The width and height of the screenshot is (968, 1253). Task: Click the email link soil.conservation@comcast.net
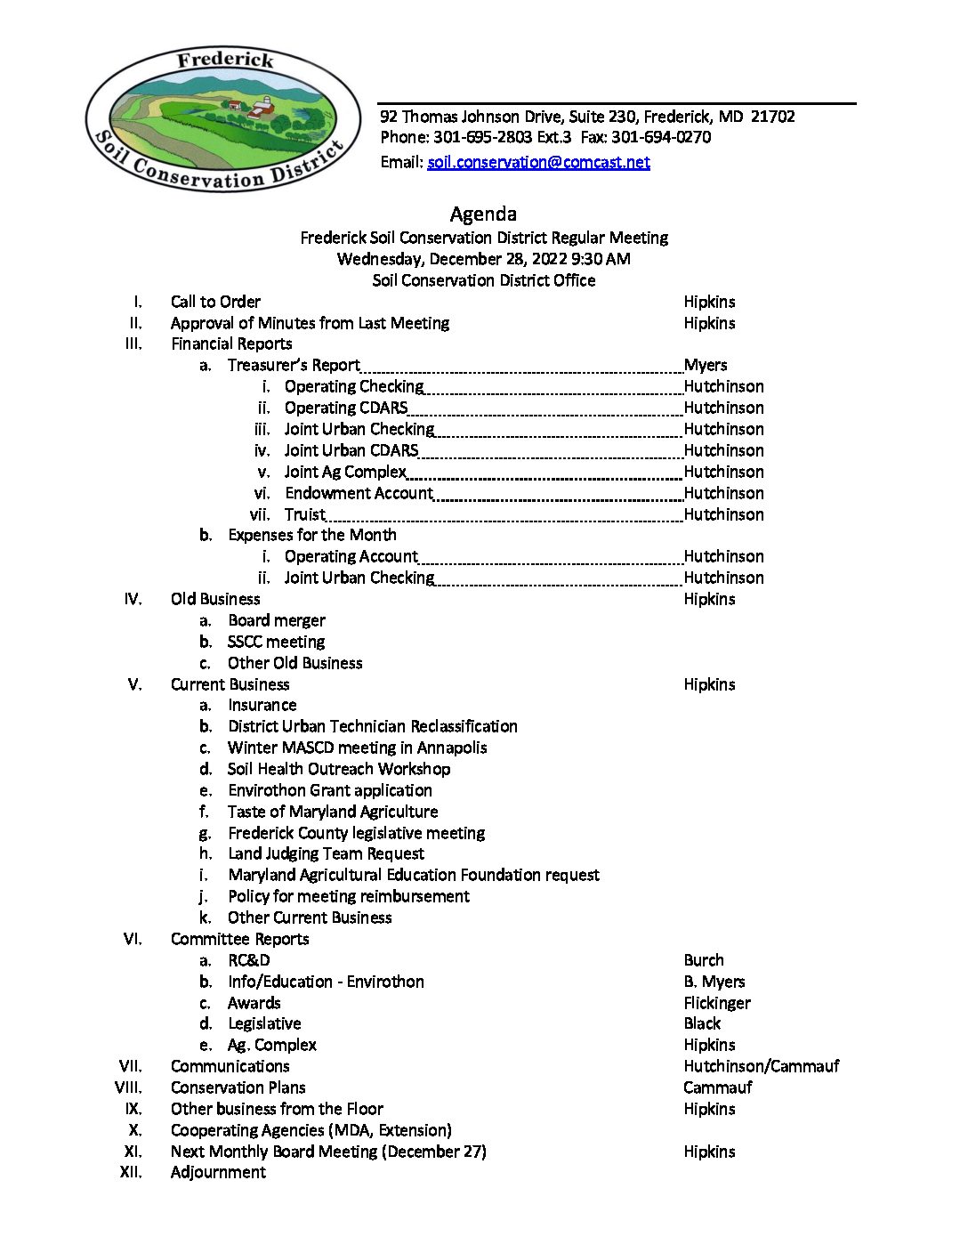tap(538, 162)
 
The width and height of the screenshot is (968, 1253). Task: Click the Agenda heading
tap(483, 214)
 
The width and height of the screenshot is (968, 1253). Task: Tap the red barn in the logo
tap(262, 109)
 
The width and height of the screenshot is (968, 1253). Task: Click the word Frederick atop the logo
tap(225, 61)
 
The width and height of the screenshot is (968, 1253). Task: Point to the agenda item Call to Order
tap(215, 302)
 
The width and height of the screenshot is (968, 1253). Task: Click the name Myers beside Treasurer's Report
tap(706, 365)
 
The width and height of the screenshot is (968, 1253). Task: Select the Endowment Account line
tap(359, 493)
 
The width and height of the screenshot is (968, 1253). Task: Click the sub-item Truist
tap(304, 514)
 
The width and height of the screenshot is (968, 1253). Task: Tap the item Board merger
tap(277, 620)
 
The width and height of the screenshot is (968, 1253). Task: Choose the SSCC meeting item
tap(276, 642)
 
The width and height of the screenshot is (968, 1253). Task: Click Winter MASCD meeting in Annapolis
tap(358, 748)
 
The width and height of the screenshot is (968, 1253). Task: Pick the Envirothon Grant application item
tap(330, 790)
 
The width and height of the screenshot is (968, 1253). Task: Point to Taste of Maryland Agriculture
tap(333, 812)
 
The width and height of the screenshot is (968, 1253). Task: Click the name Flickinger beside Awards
tap(717, 1003)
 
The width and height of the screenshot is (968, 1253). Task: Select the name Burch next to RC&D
tap(704, 960)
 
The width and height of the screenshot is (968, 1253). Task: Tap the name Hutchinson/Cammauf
tap(761, 1066)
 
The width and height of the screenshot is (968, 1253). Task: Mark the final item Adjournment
tap(218, 1172)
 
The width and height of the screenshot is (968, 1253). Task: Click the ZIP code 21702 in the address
tap(772, 117)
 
